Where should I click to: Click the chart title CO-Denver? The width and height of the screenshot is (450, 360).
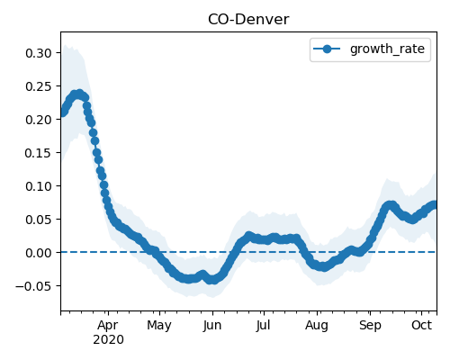248,20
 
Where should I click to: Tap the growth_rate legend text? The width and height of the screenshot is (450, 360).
387,49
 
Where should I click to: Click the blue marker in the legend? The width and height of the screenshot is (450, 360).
327,49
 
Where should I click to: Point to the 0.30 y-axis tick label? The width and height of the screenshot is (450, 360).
39,53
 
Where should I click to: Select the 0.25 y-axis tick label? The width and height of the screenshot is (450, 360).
39,86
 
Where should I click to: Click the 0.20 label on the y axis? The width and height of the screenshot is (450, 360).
39,120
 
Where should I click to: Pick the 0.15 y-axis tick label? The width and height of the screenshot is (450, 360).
39,153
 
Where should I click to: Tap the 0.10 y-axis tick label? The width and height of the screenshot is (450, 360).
39,186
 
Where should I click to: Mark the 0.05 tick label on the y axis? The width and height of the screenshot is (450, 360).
39,220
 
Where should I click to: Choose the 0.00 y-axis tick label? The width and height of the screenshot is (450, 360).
39,253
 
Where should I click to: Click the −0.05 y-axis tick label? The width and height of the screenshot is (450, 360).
34,286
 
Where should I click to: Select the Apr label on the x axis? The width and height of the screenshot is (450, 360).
108,325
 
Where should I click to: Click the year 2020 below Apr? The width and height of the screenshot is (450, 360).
108,340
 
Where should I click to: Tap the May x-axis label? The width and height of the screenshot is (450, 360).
159,326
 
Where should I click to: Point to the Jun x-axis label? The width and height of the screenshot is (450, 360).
212,326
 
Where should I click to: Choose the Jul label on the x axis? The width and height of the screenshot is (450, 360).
264,326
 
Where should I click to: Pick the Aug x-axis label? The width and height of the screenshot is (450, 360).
317,326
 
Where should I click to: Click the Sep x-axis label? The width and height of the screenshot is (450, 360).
370,326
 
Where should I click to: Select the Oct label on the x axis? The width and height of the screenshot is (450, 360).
421,325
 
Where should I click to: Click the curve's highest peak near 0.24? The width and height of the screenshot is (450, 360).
79,94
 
